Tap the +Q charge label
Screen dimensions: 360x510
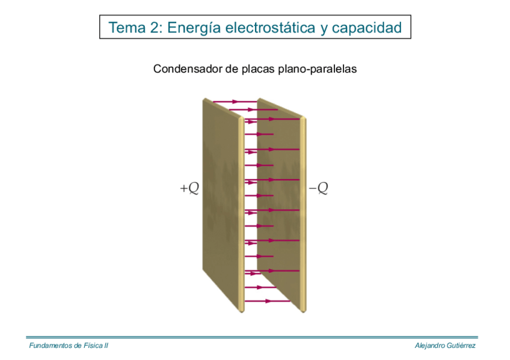(189, 189)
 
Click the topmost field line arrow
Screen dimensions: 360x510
(235, 102)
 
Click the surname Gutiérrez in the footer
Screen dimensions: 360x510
(462, 346)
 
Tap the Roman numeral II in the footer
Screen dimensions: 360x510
(106, 346)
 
